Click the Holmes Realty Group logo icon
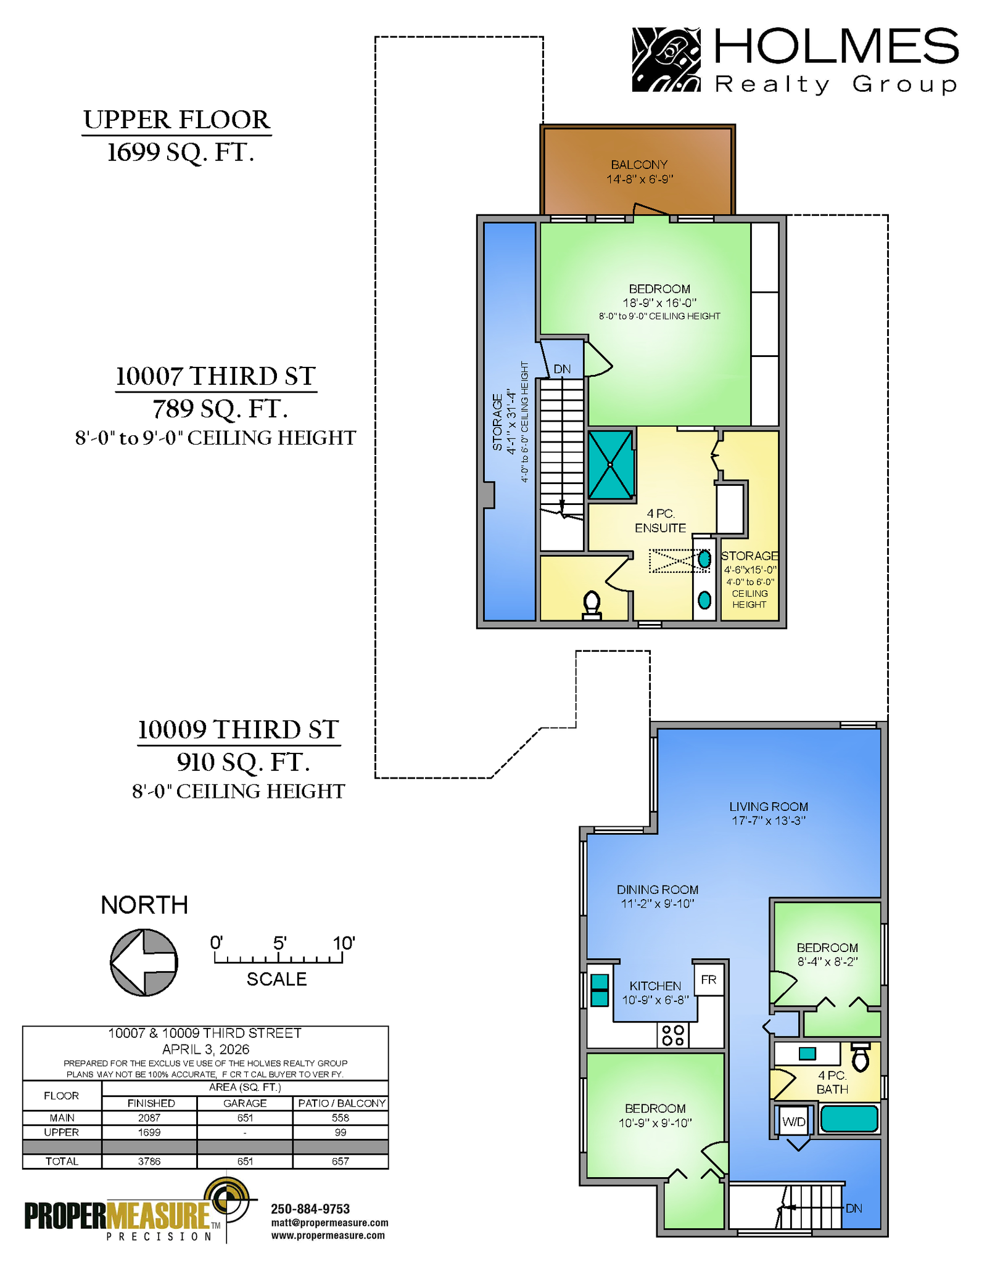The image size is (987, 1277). click(666, 59)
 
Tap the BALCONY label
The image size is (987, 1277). click(639, 165)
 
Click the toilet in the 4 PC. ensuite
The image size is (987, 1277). click(592, 605)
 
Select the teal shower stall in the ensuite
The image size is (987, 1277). click(611, 464)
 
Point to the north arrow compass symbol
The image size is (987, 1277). click(144, 963)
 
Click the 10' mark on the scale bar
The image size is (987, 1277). click(343, 943)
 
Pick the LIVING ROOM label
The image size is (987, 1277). click(769, 807)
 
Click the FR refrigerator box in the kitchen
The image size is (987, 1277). click(709, 979)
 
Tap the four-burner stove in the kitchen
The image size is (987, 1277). click(673, 1035)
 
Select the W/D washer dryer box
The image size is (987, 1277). click(793, 1122)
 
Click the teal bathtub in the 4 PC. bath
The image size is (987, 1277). click(849, 1119)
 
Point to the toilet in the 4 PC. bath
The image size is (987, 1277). click(861, 1057)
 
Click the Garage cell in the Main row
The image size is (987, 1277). click(245, 1118)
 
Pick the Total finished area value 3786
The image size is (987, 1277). click(149, 1161)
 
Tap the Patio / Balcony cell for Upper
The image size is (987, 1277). click(341, 1132)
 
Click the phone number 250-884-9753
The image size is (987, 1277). click(310, 1209)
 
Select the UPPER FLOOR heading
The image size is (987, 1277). click(177, 120)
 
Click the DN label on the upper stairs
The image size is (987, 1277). click(562, 369)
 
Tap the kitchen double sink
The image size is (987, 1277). click(600, 990)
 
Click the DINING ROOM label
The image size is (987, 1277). click(658, 890)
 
